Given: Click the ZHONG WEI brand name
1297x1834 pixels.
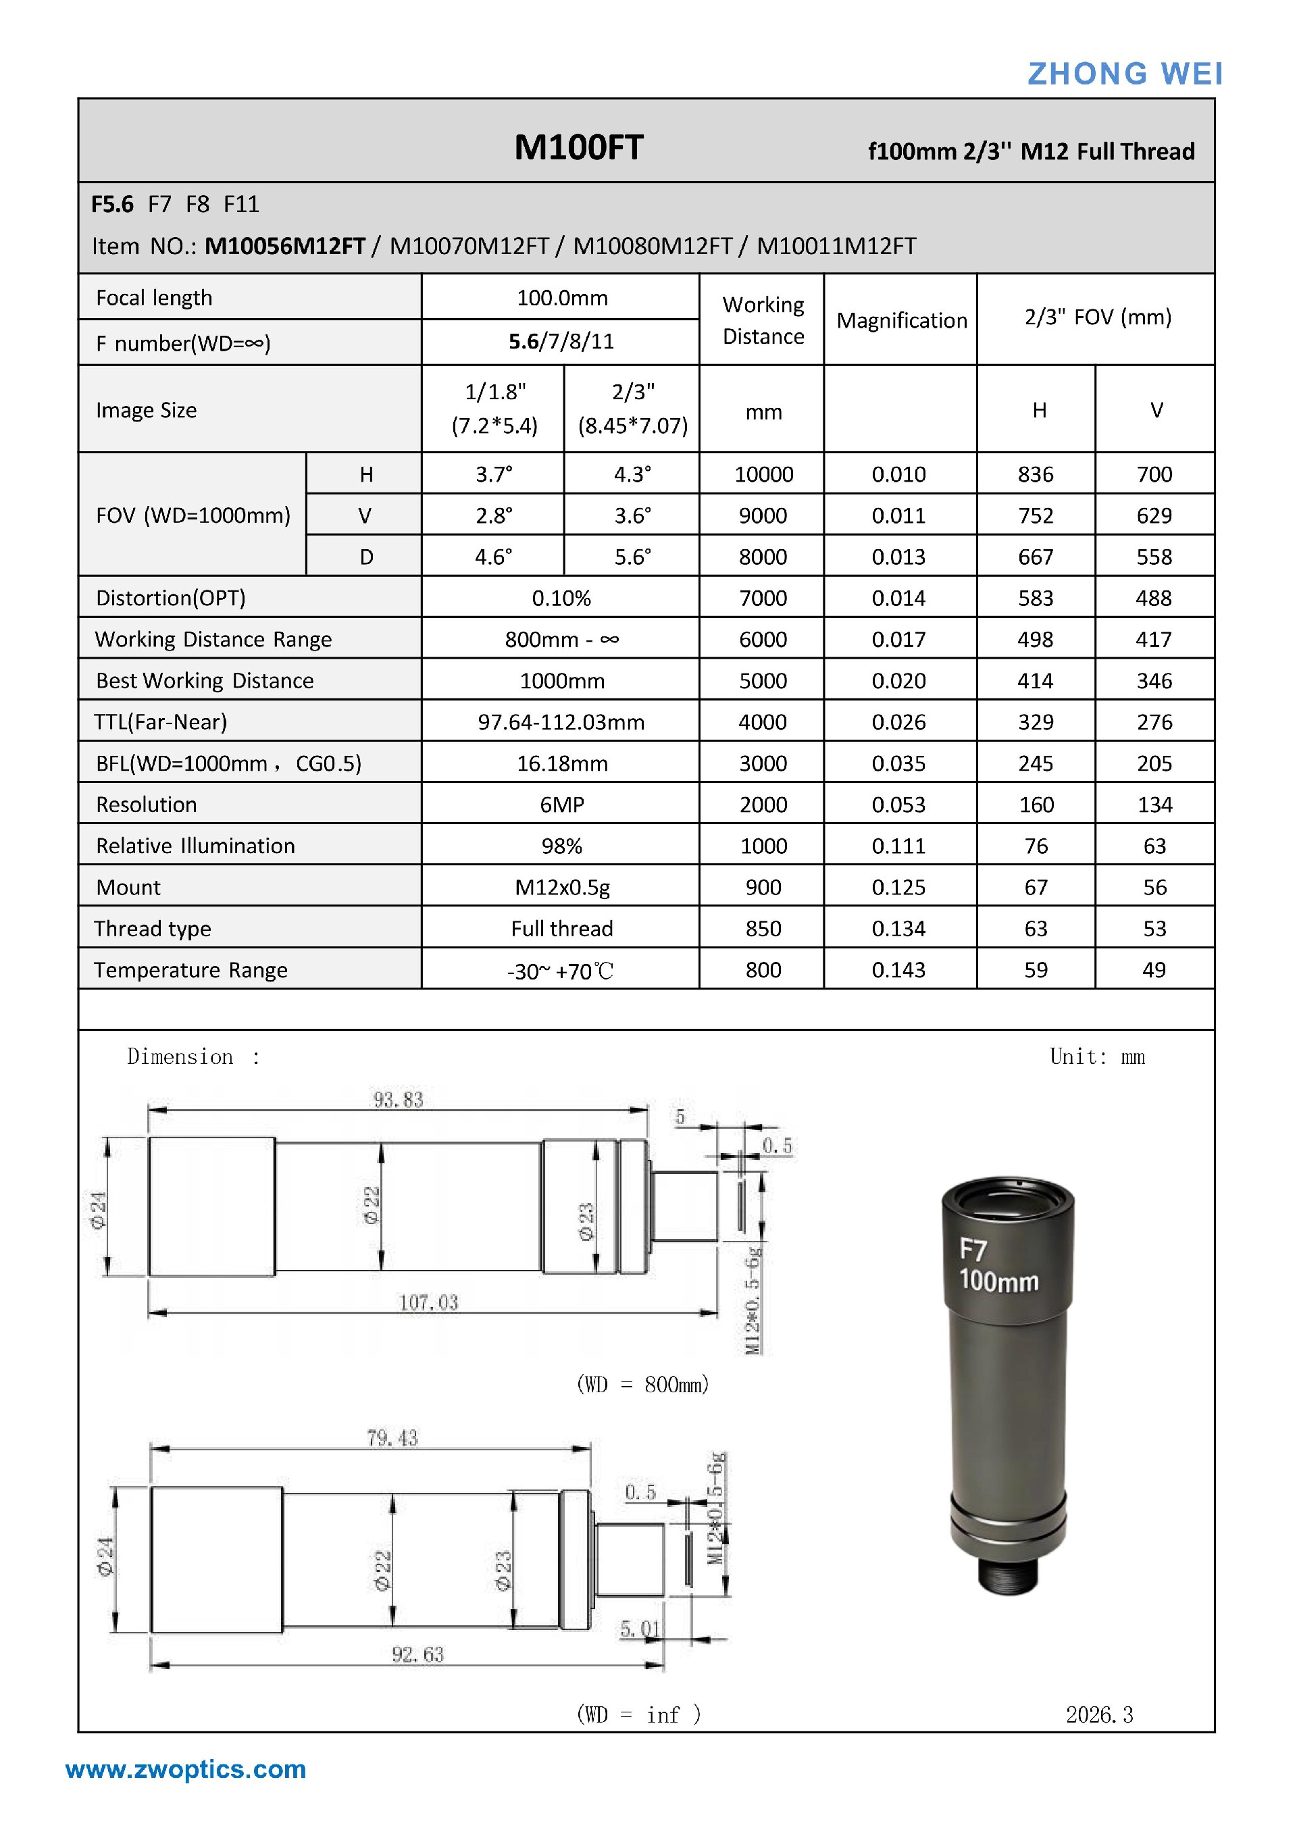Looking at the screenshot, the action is tap(1125, 74).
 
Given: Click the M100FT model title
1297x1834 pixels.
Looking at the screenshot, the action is tap(578, 147).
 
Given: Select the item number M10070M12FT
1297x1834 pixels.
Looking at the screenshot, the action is tap(469, 245).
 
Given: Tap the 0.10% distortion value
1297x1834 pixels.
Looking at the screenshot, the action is tap(561, 598).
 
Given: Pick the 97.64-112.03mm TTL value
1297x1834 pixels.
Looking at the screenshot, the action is tap(561, 722).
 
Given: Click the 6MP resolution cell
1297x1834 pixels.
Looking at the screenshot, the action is tap(561, 805).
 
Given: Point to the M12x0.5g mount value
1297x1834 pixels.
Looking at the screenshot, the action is tap(561, 888).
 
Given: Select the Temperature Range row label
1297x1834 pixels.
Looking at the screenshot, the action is tap(191, 970).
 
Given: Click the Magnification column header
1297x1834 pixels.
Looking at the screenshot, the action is tap(902, 320).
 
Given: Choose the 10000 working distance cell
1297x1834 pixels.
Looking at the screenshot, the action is tap(763, 474).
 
